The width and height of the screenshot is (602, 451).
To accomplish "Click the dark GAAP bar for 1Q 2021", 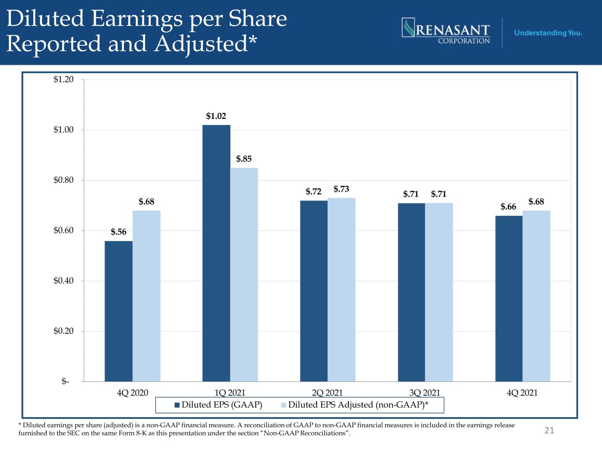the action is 217,253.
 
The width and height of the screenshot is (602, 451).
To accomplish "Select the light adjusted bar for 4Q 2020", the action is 146,296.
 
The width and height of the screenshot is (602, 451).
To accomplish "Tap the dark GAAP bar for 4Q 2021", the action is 509,299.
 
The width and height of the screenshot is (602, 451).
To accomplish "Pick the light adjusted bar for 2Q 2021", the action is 341,289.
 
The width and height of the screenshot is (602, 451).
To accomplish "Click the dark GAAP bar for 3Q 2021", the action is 411,292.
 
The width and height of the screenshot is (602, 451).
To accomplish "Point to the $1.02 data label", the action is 216,116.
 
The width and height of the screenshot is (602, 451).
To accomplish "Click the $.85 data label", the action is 244,159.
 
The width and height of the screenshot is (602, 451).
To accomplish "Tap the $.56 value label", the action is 119,232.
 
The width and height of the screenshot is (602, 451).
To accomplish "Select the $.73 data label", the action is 341,189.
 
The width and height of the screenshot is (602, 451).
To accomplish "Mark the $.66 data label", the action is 508,207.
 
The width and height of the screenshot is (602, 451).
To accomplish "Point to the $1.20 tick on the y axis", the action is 64,79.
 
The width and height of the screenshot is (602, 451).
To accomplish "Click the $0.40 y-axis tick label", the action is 64,281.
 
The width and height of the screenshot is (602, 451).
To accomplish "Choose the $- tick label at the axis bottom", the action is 65,381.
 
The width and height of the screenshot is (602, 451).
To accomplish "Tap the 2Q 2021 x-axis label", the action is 327,393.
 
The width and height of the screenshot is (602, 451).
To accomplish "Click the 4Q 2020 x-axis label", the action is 132,393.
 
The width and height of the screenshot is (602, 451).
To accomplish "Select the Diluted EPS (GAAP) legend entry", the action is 218,405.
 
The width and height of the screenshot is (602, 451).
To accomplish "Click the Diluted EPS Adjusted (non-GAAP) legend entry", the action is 355,405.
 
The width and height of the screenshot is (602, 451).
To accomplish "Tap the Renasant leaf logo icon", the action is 408,27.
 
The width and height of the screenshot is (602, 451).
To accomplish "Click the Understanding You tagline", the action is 548,33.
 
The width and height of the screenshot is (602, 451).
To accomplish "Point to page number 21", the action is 549,430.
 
